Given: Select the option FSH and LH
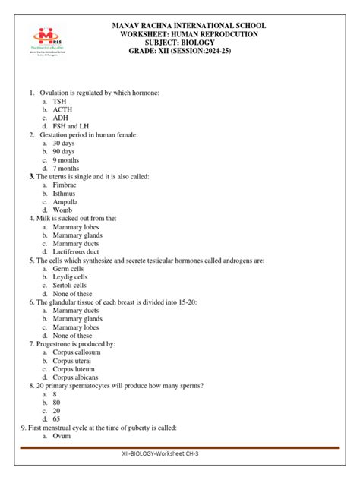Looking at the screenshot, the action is coord(72,126).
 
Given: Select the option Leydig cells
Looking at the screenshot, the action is coord(70,276).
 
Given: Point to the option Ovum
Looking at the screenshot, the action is coord(62,436).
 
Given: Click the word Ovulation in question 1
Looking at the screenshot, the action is coord(55,93).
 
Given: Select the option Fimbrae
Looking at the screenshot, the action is coord(66,185).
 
